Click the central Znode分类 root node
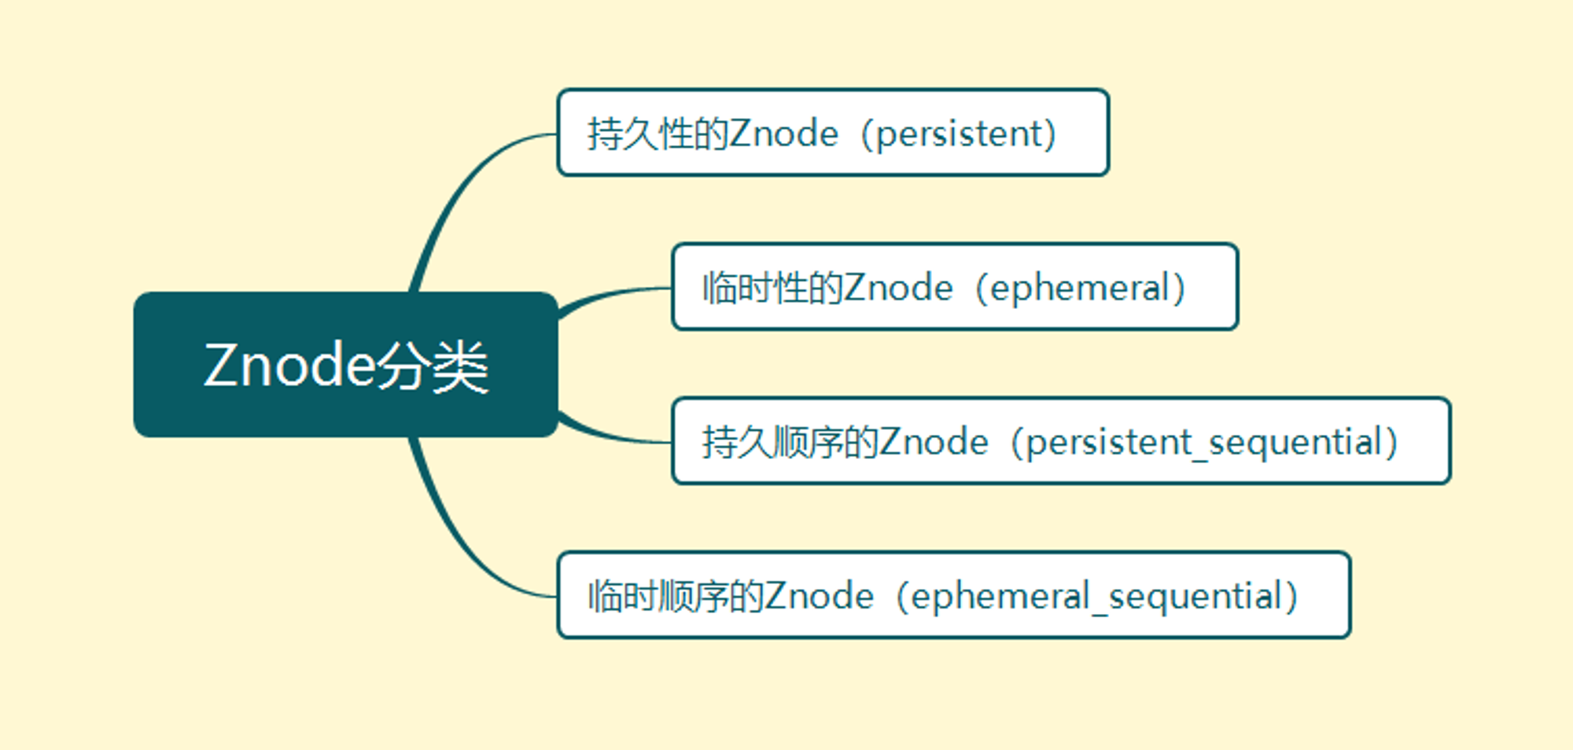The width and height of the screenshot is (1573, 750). (346, 364)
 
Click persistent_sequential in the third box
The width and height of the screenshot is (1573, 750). (1203, 443)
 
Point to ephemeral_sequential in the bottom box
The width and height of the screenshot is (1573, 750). (1096, 597)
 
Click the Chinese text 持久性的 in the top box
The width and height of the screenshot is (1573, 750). (658, 134)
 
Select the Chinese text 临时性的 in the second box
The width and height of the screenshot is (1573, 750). (772, 288)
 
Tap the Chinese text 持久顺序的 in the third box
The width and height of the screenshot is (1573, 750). (790, 442)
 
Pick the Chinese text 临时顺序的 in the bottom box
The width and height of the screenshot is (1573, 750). (676, 596)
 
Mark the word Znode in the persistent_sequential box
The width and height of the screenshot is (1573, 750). (934, 442)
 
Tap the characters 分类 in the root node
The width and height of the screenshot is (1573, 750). (432, 366)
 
